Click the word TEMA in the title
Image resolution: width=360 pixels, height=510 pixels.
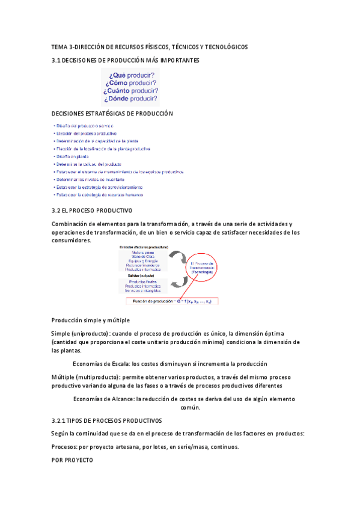60,47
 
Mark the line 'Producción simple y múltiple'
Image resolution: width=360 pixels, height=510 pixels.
91,321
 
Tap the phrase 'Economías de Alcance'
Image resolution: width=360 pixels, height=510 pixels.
103,399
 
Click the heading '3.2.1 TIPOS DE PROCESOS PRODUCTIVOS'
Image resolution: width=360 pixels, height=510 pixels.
106,421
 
